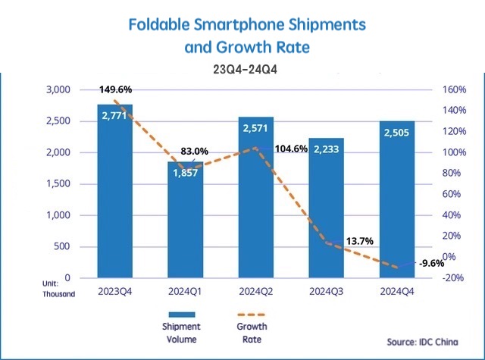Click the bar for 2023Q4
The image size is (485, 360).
tap(114, 197)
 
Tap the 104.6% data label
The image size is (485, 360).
tap(293, 149)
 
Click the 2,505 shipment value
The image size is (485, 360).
tap(397, 133)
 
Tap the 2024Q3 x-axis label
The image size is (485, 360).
tap(327, 290)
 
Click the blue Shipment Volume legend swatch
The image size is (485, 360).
tap(180, 315)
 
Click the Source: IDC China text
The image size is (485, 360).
tap(422, 341)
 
